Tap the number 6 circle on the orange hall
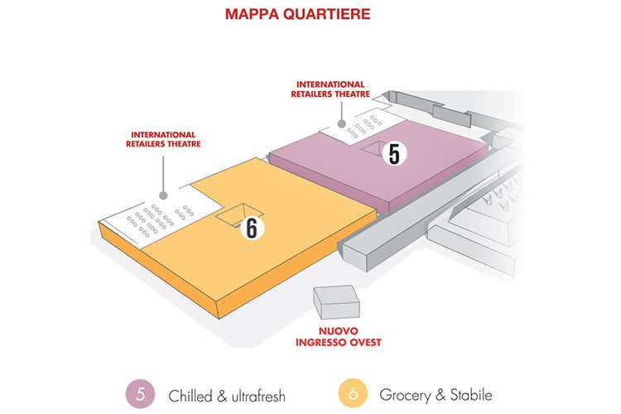point(251,228)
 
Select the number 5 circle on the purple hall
point(394,153)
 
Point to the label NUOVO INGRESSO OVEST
point(335,335)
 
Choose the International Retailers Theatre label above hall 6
point(163,138)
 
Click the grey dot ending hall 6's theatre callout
point(164,196)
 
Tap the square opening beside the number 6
point(234,214)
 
